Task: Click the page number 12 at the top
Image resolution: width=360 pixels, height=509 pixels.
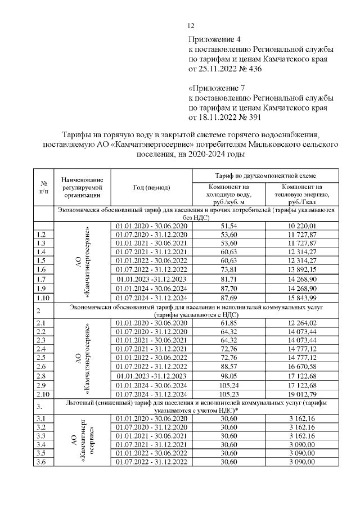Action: [x=190, y=26]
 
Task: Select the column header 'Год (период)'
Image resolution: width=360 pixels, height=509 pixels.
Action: [x=153, y=187]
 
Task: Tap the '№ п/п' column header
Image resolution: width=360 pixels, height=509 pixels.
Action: [x=43, y=187]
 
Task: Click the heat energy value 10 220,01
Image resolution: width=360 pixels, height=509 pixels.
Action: [x=303, y=226]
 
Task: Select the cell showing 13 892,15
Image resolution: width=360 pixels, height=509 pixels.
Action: [x=303, y=269]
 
